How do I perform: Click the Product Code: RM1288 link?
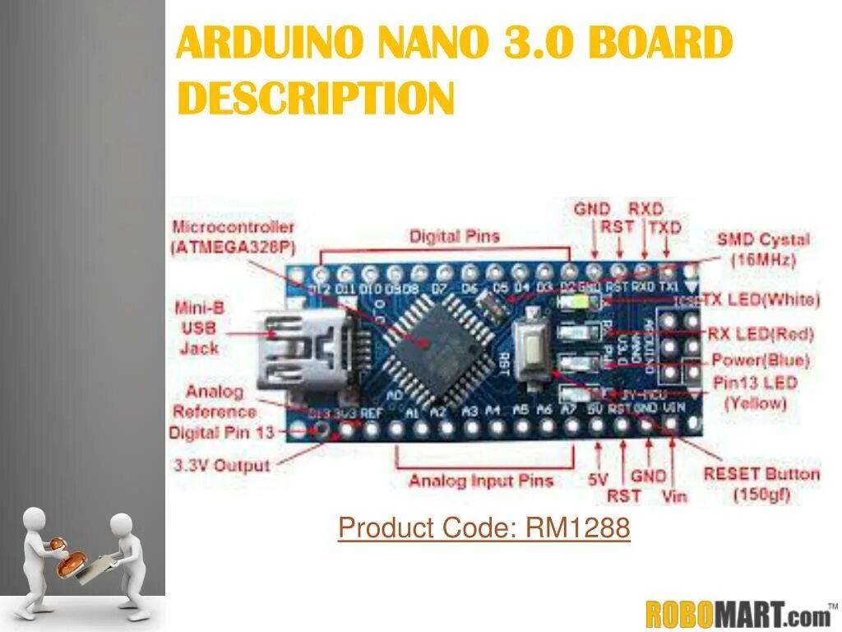[483, 528]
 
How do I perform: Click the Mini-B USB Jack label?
[199, 328]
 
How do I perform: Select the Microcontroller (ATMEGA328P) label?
[233, 236]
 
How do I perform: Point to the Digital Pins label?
[455, 237]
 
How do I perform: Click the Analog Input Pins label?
[481, 481]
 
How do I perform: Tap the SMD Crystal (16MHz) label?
[763, 249]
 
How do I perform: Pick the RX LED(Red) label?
[761, 335]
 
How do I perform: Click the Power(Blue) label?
[761, 360]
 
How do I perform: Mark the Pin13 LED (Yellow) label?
[755, 393]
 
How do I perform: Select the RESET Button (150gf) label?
[761, 484]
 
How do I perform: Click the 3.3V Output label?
[221, 465]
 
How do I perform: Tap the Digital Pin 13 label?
[223, 432]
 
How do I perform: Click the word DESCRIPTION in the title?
[316, 98]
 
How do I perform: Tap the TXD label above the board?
[665, 227]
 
